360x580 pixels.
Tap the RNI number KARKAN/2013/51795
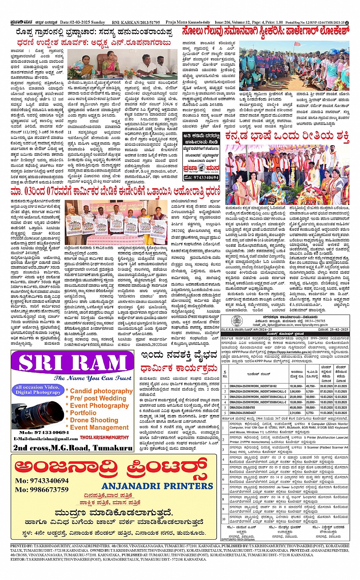pos(141,22)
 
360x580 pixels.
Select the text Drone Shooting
pos(94,420)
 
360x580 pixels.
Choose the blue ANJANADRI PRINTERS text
pos(157,486)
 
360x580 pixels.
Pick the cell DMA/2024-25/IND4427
pos(243,413)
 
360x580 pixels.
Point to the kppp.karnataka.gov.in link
pos(286,352)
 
